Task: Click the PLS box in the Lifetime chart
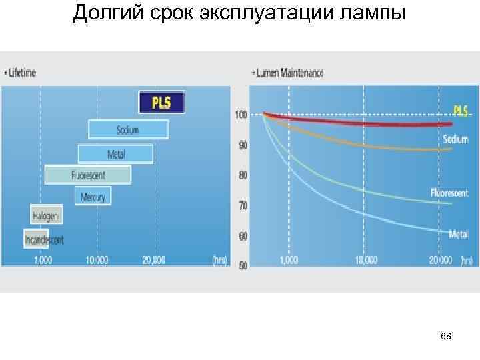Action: point(161,103)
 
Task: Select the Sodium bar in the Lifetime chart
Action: point(128,129)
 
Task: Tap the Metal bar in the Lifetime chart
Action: point(115,154)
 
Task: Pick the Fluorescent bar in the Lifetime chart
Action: point(88,175)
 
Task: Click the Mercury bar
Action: point(93,196)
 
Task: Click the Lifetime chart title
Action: point(22,73)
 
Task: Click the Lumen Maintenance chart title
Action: point(289,73)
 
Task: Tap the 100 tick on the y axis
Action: point(241,115)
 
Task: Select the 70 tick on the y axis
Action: point(243,205)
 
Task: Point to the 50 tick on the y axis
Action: point(243,266)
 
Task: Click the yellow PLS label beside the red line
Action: point(461,109)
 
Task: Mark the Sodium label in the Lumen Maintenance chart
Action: point(455,139)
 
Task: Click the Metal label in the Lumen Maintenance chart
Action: point(458,234)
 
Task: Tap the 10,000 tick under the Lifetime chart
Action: point(97,260)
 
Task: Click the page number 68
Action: point(446,337)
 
